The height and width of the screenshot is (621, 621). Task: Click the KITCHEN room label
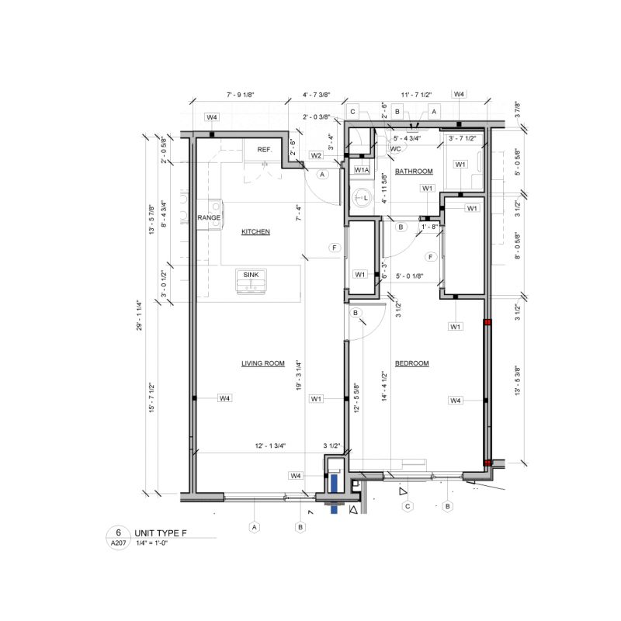(x=255, y=232)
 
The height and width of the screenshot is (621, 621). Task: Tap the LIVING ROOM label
(x=263, y=363)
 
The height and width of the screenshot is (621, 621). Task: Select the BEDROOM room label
(x=411, y=363)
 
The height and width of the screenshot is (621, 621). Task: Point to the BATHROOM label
(x=414, y=171)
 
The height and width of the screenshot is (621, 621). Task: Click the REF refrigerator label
(x=264, y=149)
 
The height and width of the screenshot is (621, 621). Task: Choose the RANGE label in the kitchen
(x=208, y=218)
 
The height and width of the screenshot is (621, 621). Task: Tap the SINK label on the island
(x=251, y=275)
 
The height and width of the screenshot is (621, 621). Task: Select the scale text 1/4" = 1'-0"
(x=158, y=545)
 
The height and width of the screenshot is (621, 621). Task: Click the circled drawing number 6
(x=118, y=533)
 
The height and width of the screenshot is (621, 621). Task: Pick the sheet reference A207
(x=118, y=545)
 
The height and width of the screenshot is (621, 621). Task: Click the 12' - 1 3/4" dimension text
(x=271, y=446)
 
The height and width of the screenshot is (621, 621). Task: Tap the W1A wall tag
(x=362, y=169)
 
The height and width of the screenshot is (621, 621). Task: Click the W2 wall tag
(x=316, y=155)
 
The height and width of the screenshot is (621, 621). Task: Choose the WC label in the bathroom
(x=395, y=147)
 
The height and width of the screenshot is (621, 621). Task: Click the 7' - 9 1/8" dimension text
(x=240, y=95)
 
